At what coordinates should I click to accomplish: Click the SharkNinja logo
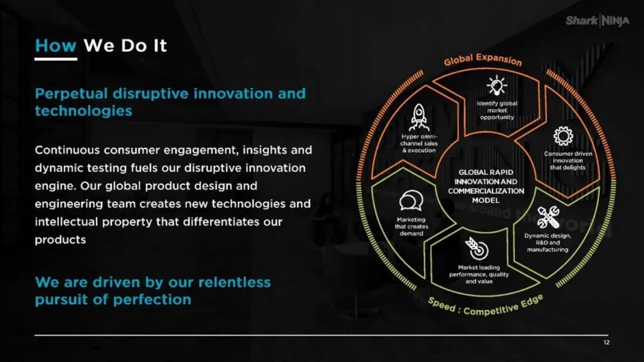click(x=597, y=20)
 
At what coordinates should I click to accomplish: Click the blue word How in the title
click(x=55, y=45)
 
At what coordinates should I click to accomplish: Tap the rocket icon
click(x=419, y=117)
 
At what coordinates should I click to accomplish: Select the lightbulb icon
click(x=497, y=85)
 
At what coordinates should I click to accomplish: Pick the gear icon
click(x=563, y=136)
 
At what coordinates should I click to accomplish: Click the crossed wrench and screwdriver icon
click(x=549, y=217)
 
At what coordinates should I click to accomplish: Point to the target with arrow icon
click(x=476, y=249)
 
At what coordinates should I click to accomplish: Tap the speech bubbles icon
click(x=411, y=201)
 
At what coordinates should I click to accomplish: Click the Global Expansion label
click(x=482, y=60)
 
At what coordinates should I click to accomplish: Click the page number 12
click(x=606, y=342)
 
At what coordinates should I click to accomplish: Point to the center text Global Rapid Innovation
click(x=486, y=177)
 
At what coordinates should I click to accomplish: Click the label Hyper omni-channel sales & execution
click(x=419, y=143)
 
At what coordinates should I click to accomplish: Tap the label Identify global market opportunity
click(x=497, y=110)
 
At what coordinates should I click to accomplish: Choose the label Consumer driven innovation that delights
click(x=568, y=160)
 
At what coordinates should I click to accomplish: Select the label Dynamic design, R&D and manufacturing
click(x=547, y=243)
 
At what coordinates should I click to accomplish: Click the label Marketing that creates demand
click(x=411, y=227)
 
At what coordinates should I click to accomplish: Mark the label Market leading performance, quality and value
click(x=479, y=274)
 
